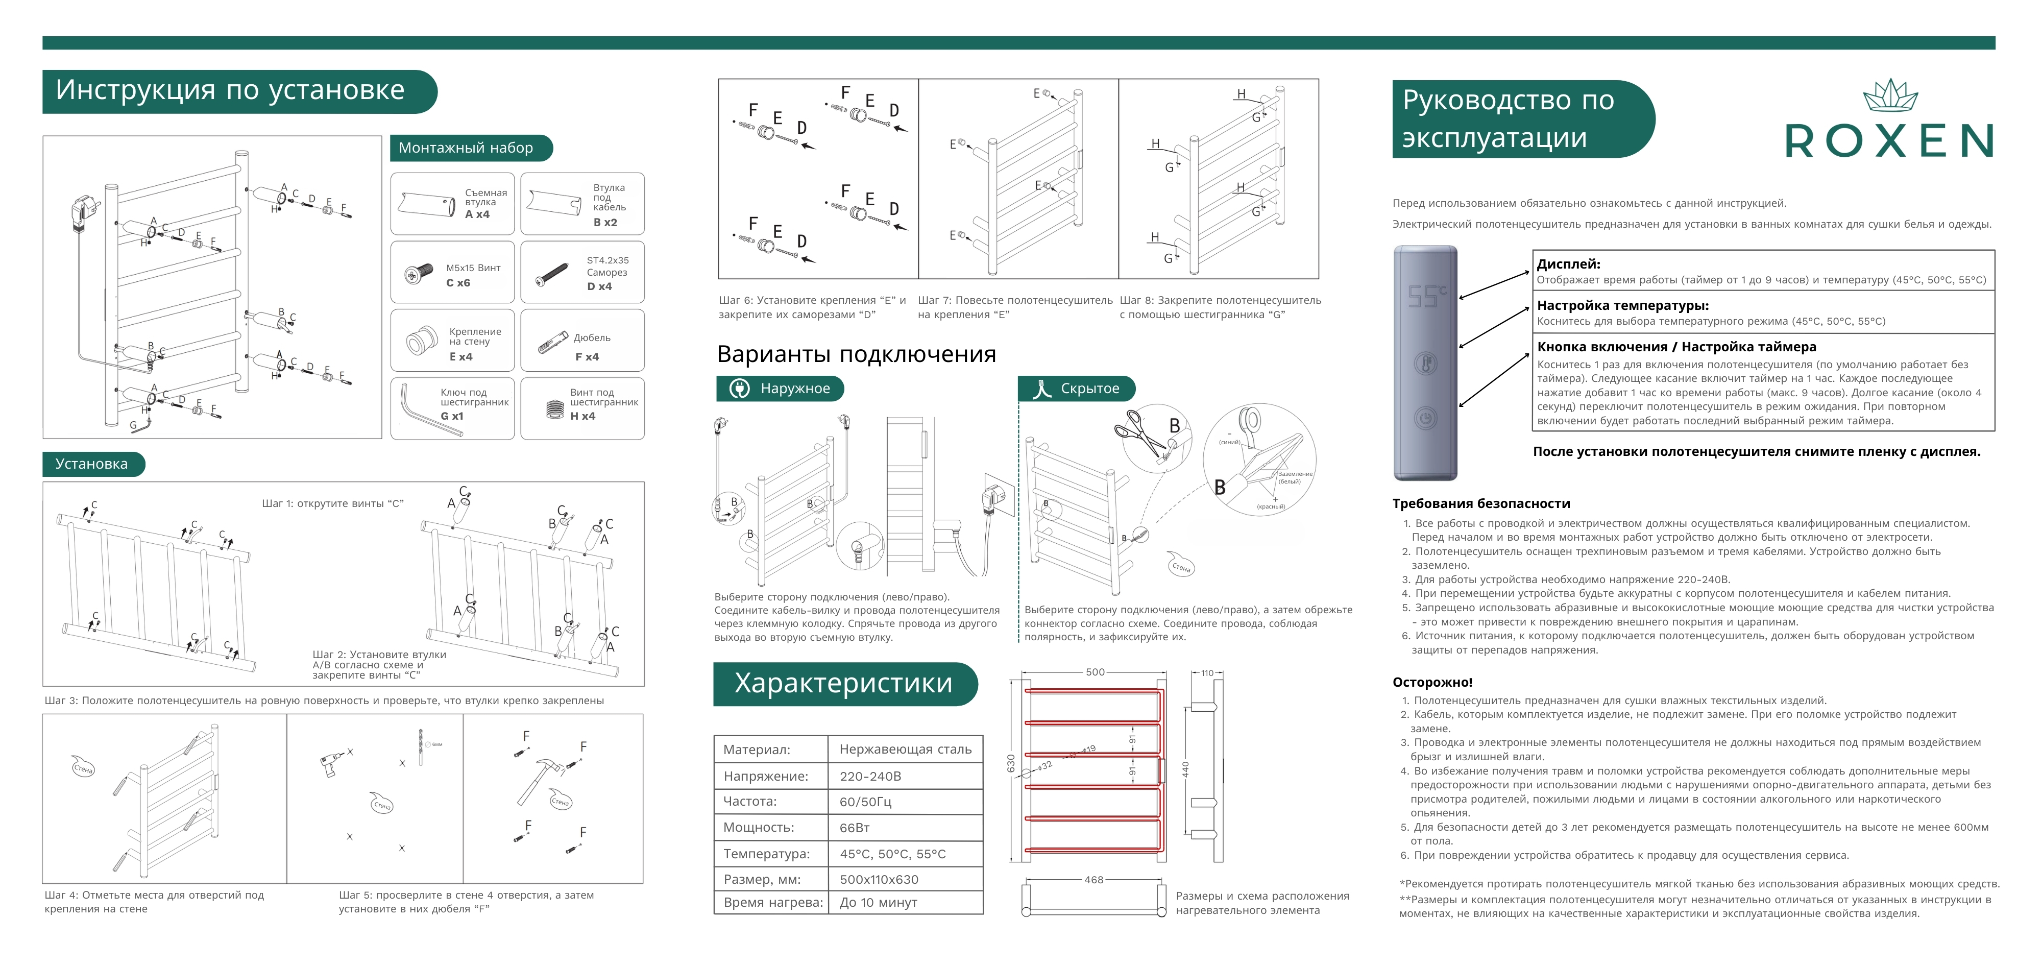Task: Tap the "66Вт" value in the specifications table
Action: pyautogui.click(x=855, y=827)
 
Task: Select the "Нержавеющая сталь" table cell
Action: pyautogui.click(x=905, y=748)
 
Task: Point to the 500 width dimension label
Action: pyautogui.click(x=1095, y=672)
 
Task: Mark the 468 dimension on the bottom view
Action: pyautogui.click(x=1094, y=880)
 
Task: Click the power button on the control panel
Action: pyautogui.click(x=1425, y=418)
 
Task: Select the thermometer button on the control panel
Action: pyautogui.click(x=1425, y=364)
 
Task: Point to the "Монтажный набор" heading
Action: pyautogui.click(x=466, y=148)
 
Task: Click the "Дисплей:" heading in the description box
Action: pyautogui.click(x=1568, y=264)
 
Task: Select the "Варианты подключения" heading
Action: pyautogui.click(x=856, y=354)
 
